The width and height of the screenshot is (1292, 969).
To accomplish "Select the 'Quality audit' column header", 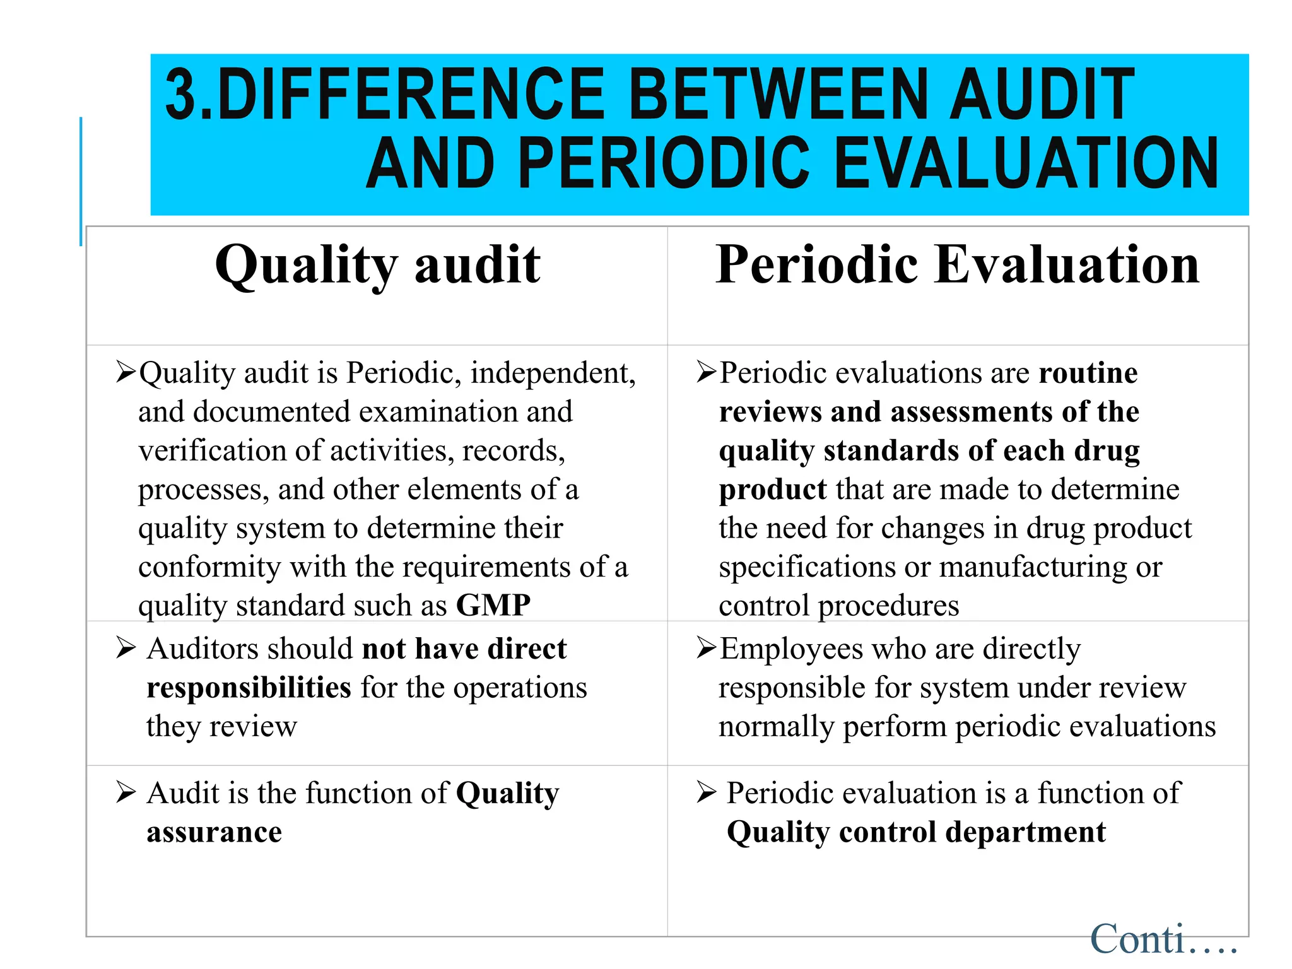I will (x=377, y=265).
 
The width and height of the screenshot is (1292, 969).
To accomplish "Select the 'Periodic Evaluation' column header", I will (x=957, y=265).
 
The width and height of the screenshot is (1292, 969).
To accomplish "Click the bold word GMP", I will (x=493, y=606).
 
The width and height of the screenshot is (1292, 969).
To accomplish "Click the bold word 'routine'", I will (x=1088, y=373).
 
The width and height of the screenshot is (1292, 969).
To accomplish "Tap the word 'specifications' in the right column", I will (x=807, y=568).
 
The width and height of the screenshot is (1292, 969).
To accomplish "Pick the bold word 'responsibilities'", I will (x=249, y=688).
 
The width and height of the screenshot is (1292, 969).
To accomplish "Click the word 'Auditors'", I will (x=211, y=649).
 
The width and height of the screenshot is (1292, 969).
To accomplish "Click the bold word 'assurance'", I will (x=214, y=833).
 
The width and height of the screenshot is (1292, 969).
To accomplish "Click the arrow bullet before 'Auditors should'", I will (x=126, y=648).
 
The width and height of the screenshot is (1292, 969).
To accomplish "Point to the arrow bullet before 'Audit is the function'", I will (x=126, y=792).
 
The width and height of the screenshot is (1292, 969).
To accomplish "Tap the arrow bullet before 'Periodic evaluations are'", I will (x=706, y=372).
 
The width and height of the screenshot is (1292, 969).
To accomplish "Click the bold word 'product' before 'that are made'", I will (x=773, y=490).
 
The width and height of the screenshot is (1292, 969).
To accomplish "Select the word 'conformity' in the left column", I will (x=209, y=567).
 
